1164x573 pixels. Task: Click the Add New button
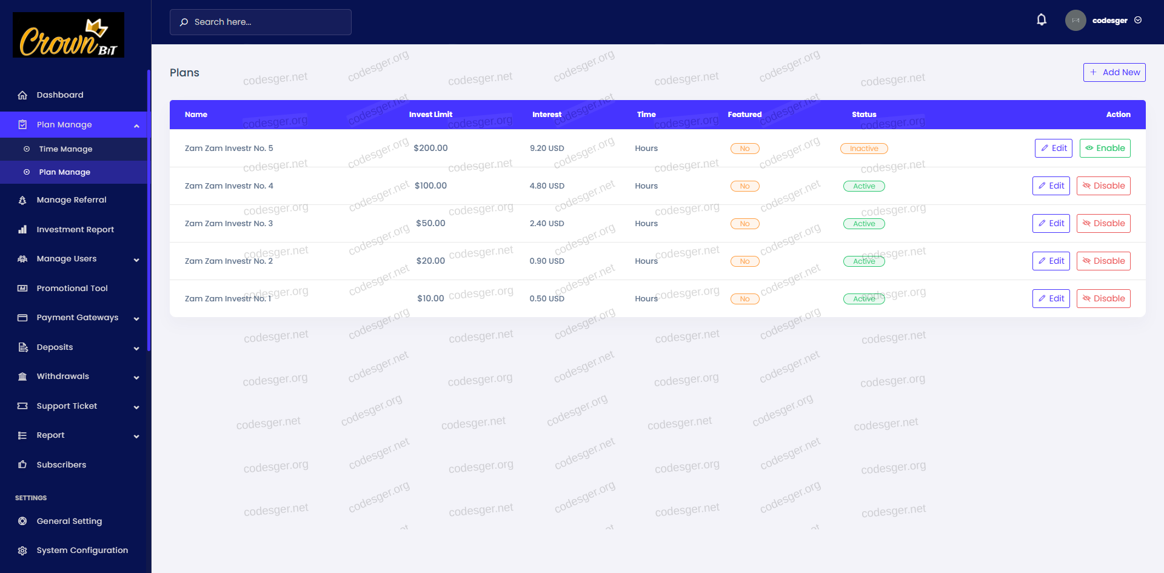point(1114,72)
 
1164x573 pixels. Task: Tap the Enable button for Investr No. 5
point(1105,148)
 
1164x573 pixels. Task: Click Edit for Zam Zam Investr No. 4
point(1051,186)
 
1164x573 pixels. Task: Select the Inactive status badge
point(864,149)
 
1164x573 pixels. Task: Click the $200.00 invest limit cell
point(430,148)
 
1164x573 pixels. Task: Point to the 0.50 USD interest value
point(546,298)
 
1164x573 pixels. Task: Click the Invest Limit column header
point(430,115)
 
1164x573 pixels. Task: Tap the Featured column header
point(744,115)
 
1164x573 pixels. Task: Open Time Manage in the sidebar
point(65,149)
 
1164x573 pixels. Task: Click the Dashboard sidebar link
point(60,95)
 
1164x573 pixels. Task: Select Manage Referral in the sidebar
point(71,200)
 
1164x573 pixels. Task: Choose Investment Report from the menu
point(75,229)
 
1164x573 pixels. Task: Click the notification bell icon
point(1042,20)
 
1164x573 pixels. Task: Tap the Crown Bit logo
point(69,35)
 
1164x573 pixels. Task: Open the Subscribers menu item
point(61,465)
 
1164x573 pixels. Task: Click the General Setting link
point(69,521)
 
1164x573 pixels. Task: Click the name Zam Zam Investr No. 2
point(229,261)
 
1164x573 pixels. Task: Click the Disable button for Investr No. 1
point(1103,298)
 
